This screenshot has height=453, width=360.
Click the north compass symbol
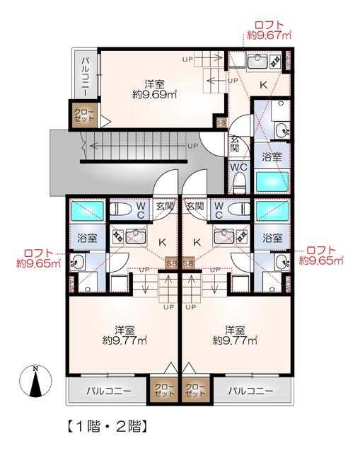tap(35, 382)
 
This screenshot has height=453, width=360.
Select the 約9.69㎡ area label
tap(154, 94)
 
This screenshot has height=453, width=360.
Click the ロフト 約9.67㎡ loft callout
tap(269, 30)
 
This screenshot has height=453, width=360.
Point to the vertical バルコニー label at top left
tap(86, 76)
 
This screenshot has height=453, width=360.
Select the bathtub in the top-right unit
tap(272, 181)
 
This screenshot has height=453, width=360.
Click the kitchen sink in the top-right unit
tap(257, 62)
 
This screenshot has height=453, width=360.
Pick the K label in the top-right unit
tap(263, 85)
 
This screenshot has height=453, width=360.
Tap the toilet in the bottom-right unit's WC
tap(238, 208)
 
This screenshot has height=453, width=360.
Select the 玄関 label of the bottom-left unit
tap(165, 206)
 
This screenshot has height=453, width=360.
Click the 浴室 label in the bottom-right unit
tap(272, 238)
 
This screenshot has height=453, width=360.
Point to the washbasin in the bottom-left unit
tap(77, 262)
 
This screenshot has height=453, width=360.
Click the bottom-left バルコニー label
tap(109, 391)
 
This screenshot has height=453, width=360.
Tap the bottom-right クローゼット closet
tap(195, 390)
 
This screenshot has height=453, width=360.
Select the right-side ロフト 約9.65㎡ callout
tap(321, 256)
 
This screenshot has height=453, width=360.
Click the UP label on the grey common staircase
tap(192, 147)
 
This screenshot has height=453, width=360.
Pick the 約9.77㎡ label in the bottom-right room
tap(235, 340)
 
